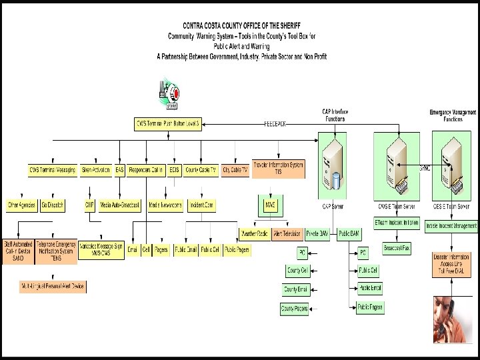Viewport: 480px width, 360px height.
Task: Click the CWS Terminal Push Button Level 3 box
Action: point(167,123)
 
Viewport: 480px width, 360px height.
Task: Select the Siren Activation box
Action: point(97,171)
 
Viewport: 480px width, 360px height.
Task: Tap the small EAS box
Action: point(119,171)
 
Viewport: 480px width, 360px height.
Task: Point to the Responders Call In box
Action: point(146,171)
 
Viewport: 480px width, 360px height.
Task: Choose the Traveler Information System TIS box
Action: point(278,168)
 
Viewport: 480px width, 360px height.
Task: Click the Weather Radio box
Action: point(254,233)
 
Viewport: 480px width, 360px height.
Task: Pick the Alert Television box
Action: point(287,233)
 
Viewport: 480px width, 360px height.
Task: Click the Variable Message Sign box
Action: point(101,249)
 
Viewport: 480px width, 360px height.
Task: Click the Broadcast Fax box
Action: point(398,248)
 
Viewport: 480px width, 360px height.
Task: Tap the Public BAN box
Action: point(349,233)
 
